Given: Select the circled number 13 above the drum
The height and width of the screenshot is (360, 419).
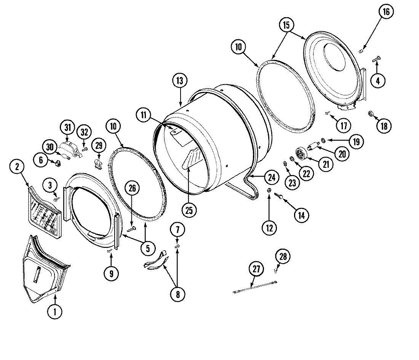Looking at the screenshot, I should point(180,81).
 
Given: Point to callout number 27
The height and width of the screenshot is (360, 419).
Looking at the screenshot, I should point(256,269).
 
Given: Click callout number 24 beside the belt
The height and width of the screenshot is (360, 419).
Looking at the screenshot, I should point(271,177).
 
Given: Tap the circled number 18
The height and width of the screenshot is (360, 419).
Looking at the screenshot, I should point(384,125).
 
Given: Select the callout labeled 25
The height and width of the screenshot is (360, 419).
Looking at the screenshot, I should point(189,209).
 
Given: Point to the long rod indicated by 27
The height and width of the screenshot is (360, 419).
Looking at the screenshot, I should point(254,287).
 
